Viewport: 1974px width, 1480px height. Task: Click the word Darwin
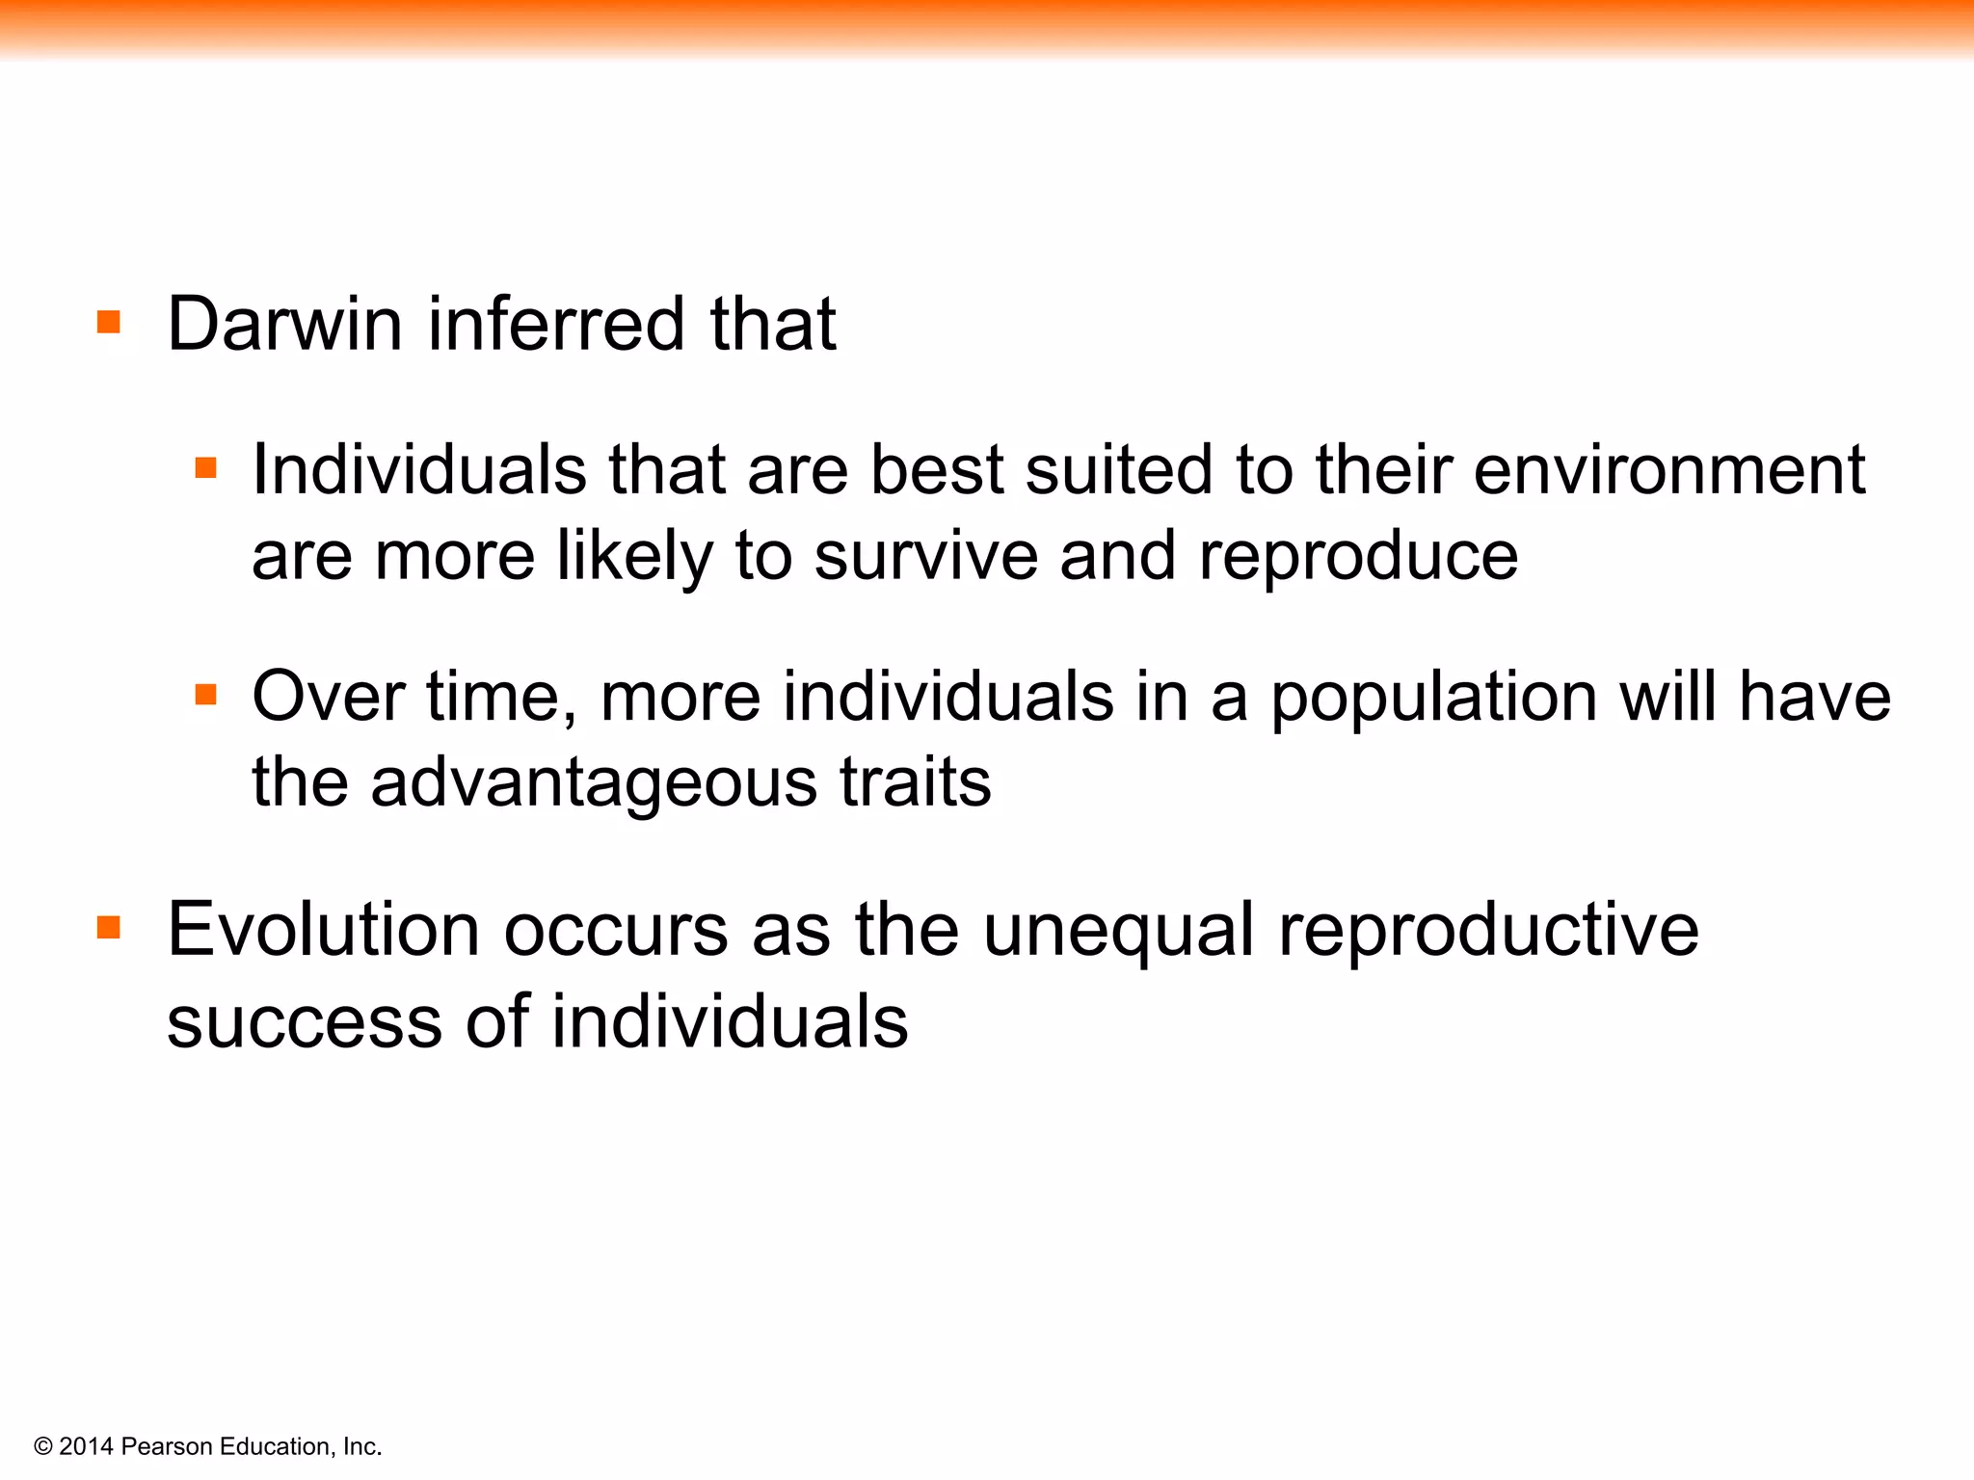(x=283, y=324)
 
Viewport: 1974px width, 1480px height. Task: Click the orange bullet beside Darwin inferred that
(x=109, y=322)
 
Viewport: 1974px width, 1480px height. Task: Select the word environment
(x=1668, y=470)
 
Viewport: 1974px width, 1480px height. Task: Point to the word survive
(x=925, y=557)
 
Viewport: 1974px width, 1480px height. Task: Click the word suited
(x=1118, y=470)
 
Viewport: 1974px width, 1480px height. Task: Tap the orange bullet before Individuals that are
(x=205, y=468)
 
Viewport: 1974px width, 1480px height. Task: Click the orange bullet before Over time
(x=205, y=694)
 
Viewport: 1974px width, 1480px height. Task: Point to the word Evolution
(x=324, y=930)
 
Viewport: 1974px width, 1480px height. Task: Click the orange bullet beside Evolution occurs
(x=109, y=928)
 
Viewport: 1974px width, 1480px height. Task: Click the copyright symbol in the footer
(x=42, y=1446)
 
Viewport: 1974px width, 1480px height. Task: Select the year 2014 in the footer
(x=86, y=1446)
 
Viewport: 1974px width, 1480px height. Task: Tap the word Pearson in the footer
(x=167, y=1446)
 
